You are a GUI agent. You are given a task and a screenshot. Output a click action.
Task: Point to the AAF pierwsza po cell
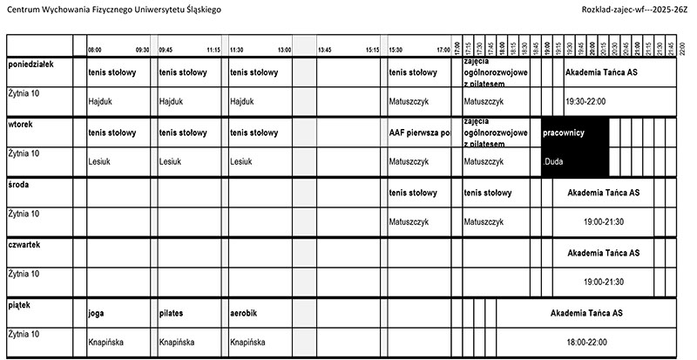click(x=419, y=132)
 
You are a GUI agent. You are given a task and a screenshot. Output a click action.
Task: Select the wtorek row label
click(x=20, y=125)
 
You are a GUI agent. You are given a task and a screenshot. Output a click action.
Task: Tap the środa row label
click(x=18, y=184)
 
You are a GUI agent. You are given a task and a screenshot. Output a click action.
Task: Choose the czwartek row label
click(x=24, y=245)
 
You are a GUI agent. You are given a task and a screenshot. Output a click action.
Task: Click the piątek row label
click(x=18, y=304)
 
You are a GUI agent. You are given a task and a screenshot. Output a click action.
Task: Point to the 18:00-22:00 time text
click(x=585, y=342)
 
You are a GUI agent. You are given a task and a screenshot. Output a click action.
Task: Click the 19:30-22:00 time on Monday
click(x=585, y=101)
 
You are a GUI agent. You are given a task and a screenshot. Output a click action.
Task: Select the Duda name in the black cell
click(x=554, y=161)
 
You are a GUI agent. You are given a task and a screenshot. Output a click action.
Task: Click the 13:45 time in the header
click(x=325, y=50)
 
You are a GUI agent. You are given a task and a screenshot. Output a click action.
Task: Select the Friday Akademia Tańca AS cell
click(x=585, y=312)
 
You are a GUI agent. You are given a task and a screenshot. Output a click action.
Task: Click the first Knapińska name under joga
click(x=105, y=342)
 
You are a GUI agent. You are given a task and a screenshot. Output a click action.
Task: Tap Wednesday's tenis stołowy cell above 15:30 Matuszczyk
click(x=413, y=193)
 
